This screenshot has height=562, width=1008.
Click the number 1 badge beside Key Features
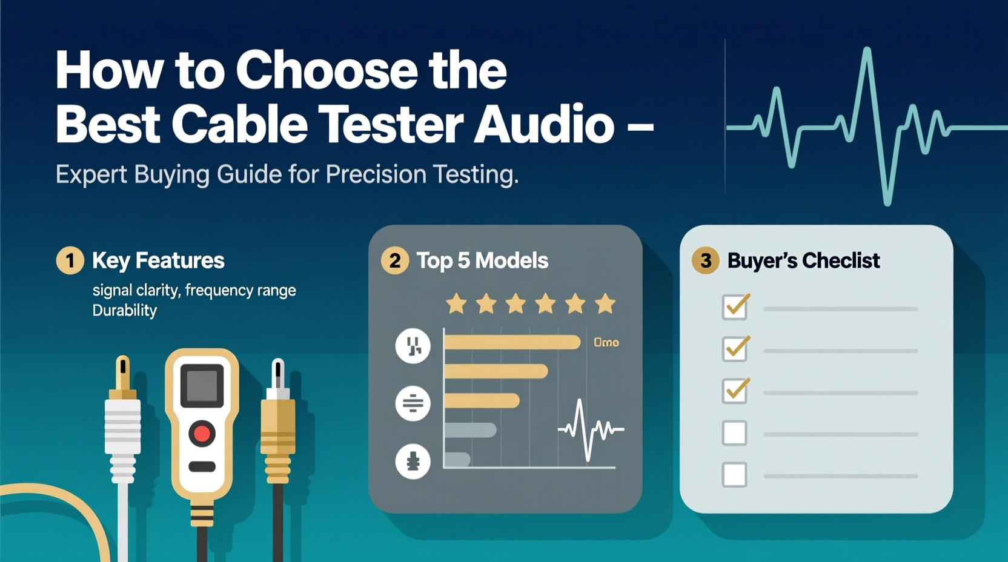coord(70,260)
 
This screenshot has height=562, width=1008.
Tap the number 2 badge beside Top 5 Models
coord(394,260)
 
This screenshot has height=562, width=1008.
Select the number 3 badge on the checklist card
coord(706,260)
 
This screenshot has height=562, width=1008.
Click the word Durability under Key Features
coord(125,311)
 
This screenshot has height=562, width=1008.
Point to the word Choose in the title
coord(327,71)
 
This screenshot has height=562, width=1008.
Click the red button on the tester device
coord(202,434)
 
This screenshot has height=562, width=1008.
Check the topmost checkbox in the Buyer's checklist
coord(735,307)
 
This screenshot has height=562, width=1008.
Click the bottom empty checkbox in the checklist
coord(734,475)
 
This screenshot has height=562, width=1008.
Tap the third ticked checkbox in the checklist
coord(735,391)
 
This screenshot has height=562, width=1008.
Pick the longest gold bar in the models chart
coord(512,343)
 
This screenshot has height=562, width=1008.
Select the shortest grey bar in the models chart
coord(457,459)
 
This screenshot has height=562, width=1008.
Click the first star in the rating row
coord(456,303)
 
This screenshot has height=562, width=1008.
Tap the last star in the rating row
coord(605,303)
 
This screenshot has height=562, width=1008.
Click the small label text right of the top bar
coord(606,343)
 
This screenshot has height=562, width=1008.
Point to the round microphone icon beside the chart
coord(413,461)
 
